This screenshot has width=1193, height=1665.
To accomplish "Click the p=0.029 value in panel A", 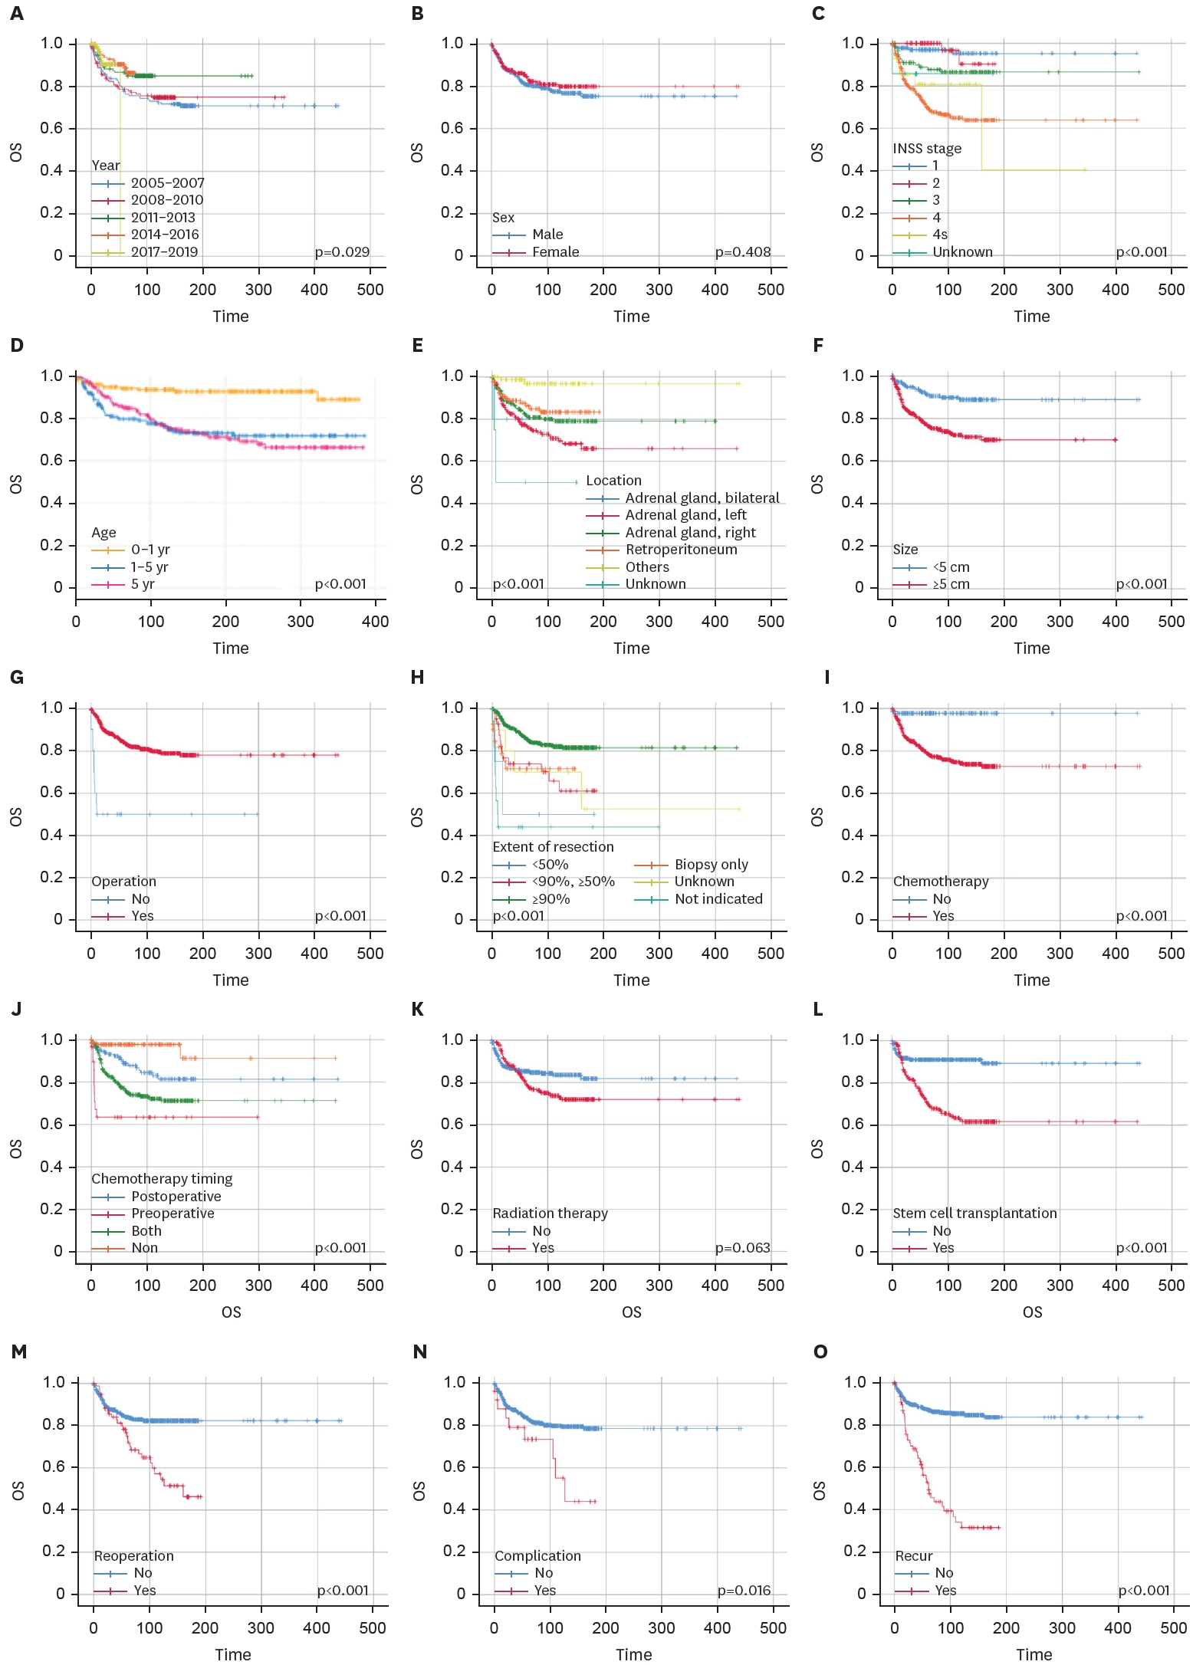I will (x=342, y=252).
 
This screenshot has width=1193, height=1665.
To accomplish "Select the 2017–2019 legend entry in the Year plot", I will (x=164, y=252).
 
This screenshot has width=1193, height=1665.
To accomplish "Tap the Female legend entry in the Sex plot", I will (x=556, y=252).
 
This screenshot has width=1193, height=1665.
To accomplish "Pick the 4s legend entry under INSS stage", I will (x=940, y=235).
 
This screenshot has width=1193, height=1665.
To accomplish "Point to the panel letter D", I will (x=17, y=346).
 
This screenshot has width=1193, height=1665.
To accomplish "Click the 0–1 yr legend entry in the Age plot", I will (x=150, y=550).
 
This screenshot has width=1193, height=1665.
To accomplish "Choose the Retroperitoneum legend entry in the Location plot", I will (x=681, y=550).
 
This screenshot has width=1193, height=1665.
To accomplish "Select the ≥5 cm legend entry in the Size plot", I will (x=951, y=584).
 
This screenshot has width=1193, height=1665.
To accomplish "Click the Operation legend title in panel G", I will (x=123, y=882).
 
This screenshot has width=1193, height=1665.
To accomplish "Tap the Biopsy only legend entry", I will (x=711, y=865).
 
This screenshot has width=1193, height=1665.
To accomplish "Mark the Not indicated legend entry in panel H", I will (x=718, y=899).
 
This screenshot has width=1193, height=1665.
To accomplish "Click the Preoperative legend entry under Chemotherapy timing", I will (x=173, y=1213).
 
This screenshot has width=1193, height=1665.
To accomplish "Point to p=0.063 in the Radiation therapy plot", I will (x=742, y=1248).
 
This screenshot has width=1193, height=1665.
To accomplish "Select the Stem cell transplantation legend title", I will (x=974, y=1213).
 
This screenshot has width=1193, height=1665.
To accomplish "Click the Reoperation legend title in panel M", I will (x=133, y=1556).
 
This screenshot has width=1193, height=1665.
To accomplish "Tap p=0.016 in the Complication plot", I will (x=744, y=1591).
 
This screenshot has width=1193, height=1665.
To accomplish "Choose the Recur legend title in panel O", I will (x=914, y=1556).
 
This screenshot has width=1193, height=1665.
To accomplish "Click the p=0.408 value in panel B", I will (x=742, y=252).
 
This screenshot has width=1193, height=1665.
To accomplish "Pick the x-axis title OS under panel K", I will (x=632, y=1312).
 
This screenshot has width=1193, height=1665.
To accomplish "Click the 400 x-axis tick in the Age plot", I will (x=375, y=622).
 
